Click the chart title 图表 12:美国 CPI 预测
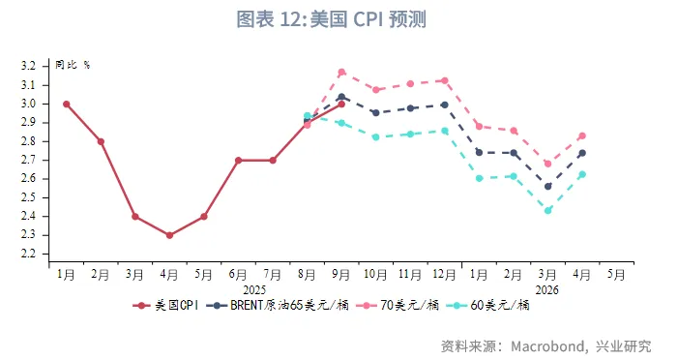pos(332,19)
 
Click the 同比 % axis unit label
pos(73,65)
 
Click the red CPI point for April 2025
pos(169,235)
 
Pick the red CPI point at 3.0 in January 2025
pos(66,104)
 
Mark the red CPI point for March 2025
pos(134,217)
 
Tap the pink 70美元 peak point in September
pos(341,72)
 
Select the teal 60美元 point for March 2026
pos(548,210)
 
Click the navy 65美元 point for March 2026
pos(548,186)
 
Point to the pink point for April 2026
pos(582,135)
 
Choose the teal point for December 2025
pos(445,131)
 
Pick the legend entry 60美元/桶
pos(498,306)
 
